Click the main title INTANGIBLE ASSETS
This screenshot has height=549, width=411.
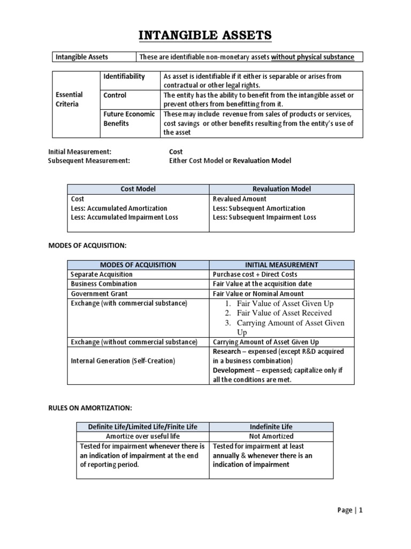(x=205, y=36)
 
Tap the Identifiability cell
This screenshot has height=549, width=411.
(x=124, y=77)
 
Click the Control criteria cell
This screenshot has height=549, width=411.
(x=115, y=95)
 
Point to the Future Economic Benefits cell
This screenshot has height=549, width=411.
(x=129, y=118)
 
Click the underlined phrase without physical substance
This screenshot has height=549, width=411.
(x=313, y=57)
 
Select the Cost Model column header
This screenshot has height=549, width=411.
(x=138, y=189)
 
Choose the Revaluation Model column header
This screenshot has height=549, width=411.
(x=281, y=189)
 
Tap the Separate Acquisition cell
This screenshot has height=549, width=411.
(x=102, y=274)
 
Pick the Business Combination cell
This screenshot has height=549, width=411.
(x=104, y=284)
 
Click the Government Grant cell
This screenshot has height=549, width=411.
(x=99, y=294)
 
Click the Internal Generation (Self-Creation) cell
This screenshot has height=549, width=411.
(x=123, y=361)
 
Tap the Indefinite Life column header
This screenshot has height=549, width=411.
(x=271, y=427)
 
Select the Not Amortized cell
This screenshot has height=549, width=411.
(x=271, y=436)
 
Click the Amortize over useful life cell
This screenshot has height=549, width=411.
(x=142, y=436)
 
